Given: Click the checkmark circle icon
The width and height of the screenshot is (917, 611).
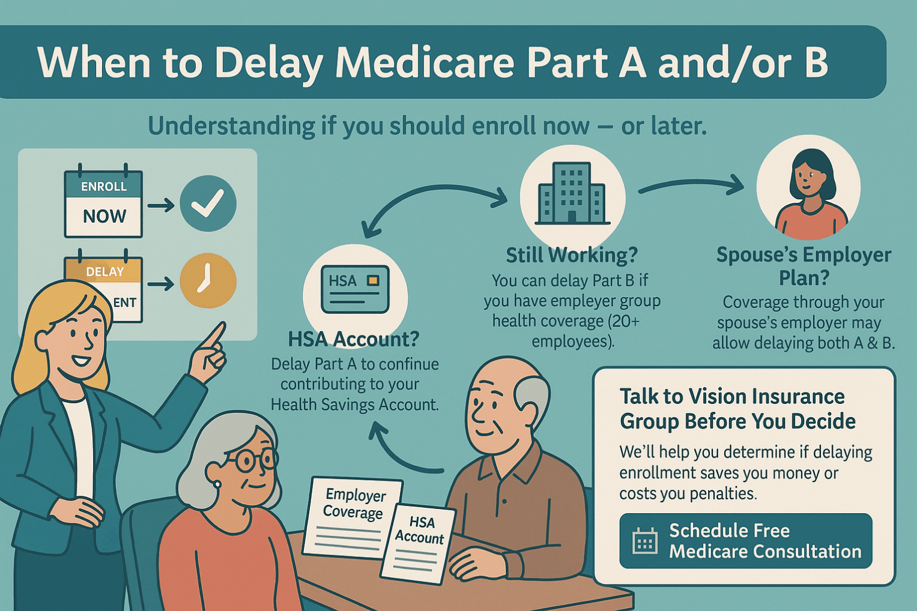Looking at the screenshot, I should (x=208, y=203).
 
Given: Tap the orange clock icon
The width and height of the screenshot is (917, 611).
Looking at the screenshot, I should (x=208, y=281).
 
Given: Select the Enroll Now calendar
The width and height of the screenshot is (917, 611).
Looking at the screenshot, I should (x=103, y=204).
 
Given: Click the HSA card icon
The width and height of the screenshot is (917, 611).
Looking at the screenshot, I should (x=355, y=289).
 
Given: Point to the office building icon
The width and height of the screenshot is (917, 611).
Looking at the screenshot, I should (x=572, y=193).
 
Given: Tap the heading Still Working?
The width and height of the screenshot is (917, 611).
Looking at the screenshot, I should (x=572, y=255).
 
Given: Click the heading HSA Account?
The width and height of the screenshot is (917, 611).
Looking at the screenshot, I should (x=354, y=339).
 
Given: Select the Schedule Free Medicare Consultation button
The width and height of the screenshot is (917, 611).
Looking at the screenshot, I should (x=745, y=541).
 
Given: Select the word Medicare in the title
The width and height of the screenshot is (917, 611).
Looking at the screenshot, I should (x=428, y=62).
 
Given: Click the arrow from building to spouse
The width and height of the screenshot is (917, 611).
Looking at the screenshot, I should (x=691, y=185).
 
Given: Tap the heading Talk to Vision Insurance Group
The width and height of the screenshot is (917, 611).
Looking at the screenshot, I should (x=737, y=408).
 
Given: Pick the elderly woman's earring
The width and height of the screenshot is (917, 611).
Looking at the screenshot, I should (x=216, y=484).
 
